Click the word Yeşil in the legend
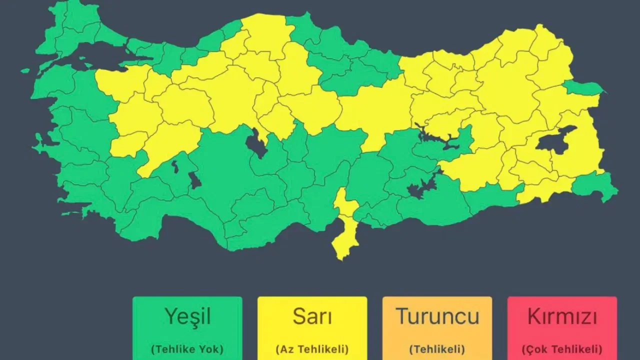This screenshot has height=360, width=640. (187, 316)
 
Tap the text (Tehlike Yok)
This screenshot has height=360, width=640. (187, 349)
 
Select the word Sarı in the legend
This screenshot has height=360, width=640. (312, 316)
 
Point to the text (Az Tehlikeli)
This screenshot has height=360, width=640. (312, 349)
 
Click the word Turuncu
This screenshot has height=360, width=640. (437, 316)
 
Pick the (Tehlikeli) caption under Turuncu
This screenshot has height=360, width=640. (437, 349)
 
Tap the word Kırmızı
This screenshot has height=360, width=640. (562, 316)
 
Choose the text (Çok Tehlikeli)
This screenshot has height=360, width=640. (562, 349)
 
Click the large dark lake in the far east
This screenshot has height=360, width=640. (554, 141)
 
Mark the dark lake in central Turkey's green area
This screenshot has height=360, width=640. (256, 143)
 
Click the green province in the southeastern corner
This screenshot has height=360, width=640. (595, 185)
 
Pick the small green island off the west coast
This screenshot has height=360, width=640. (25, 70)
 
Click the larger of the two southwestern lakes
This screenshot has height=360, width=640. (194, 180)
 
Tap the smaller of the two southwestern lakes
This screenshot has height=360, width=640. (175, 166)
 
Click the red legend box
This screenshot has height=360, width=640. (562, 328)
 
